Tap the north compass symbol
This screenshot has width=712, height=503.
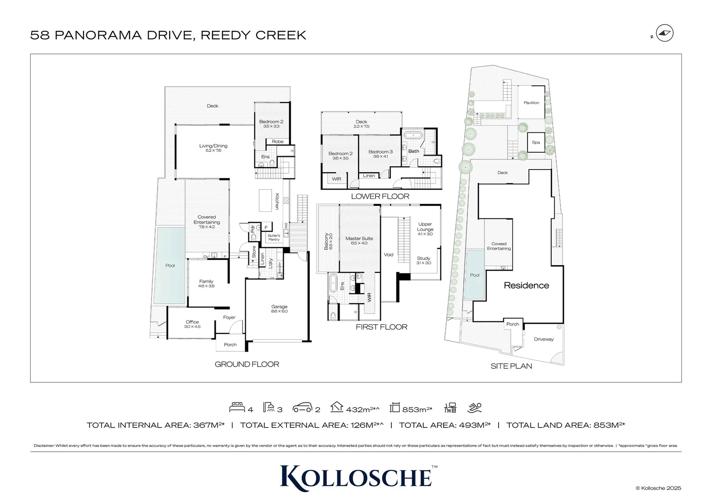(x=664, y=34)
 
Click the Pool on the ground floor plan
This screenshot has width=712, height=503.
(x=170, y=265)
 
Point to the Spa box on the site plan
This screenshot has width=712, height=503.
(x=536, y=142)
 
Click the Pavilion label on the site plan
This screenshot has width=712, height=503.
(x=531, y=102)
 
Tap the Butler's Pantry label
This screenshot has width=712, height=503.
(x=274, y=237)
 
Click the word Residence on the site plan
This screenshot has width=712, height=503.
(x=526, y=285)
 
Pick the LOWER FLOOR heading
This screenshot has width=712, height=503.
(x=380, y=197)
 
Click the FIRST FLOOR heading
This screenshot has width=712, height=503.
(x=381, y=327)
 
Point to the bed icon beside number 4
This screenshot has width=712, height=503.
(x=237, y=408)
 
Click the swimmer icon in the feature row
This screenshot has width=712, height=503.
(x=475, y=408)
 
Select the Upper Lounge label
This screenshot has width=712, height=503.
(x=425, y=227)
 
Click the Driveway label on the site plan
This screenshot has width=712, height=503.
(x=543, y=339)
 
